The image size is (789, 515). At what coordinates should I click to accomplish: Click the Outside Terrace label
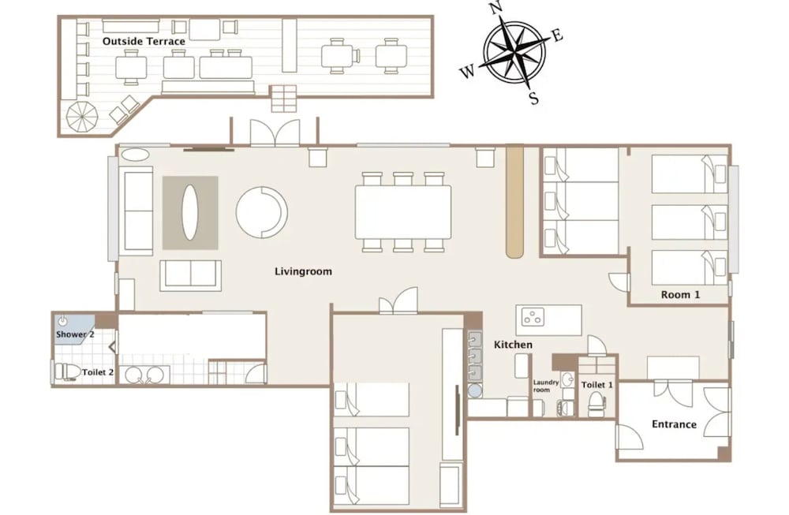pyautogui.click(x=144, y=41)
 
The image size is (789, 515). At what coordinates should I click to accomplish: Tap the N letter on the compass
pyautogui.click(x=496, y=9)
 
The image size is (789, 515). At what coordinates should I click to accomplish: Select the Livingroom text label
pyautogui.click(x=304, y=271)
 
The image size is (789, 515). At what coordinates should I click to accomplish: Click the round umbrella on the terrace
pyautogui.click(x=81, y=118)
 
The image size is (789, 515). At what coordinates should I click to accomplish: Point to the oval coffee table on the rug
pyautogui.click(x=189, y=212)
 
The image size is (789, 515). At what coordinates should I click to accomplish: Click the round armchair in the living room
pyautogui.click(x=262, y=212)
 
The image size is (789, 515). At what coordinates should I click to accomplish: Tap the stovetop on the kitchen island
pyautogui.click(x=533, y=317)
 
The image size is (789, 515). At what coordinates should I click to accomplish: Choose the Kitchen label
pyautogui.click(x=513, y=345)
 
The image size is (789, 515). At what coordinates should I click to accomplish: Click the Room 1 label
pyautogui.click(x=680, y=295)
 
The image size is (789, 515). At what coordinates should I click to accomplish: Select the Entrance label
pyautogui.click(x=675, y=424)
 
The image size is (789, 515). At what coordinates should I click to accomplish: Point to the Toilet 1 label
pyautogui.click(x=597, y=385)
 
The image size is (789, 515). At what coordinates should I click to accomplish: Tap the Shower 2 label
pyautogui.click(x=75, y=334)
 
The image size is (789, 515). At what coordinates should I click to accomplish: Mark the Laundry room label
pyautogui.click(x=545, y=386)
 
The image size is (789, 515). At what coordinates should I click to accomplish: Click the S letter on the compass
pyautogui.click(x=534, y=98)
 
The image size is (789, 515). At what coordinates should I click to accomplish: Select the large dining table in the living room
pyautogui.click(x=403, y=211)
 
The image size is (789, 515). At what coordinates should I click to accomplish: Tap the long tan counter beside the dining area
pyautogui.click(x=514, y=201)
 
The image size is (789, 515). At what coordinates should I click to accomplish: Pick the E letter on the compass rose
pyautogui.click(x=557, y=35)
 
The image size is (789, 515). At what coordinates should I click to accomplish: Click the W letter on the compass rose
pyautogui.click(x=467, y=73)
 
